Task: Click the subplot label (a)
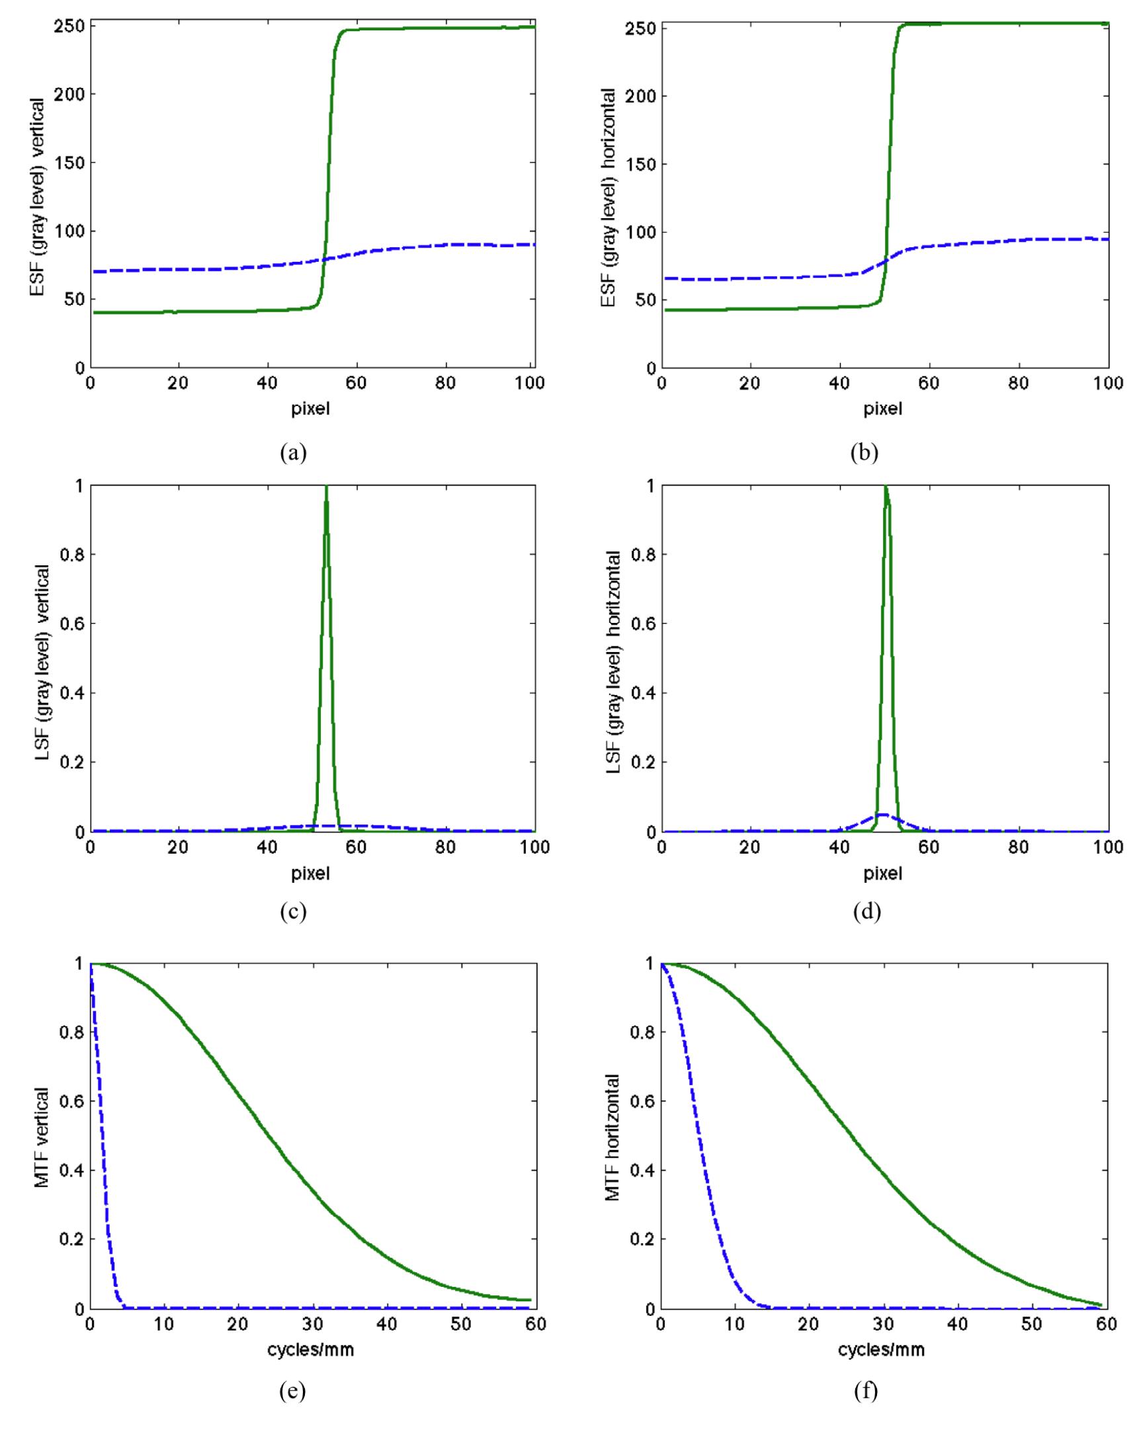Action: pos(294,454)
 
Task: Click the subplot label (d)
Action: pos(866,912)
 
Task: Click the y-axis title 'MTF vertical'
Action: pos(41,1136)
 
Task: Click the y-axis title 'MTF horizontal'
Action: pos(612,1136)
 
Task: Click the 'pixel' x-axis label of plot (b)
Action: pos(883,409)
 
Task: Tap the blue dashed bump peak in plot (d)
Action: pos(883,814)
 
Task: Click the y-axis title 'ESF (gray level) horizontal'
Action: pos(608,198)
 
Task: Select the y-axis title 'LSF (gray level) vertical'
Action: pos(41,658)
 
